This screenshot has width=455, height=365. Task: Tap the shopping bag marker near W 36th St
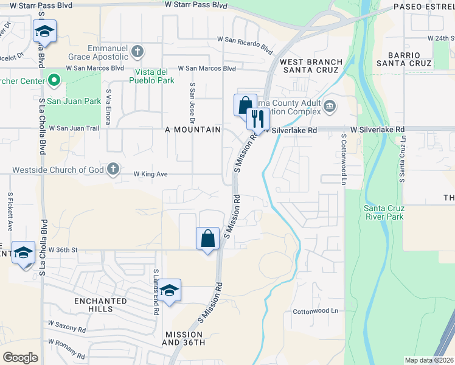pos(207,238)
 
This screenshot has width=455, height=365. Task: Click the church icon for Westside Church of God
pos(113,169)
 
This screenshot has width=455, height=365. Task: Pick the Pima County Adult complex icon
pos(330,106)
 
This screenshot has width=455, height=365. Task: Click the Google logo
pos(21,358)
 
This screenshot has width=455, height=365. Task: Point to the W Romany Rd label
pos(67,348)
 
